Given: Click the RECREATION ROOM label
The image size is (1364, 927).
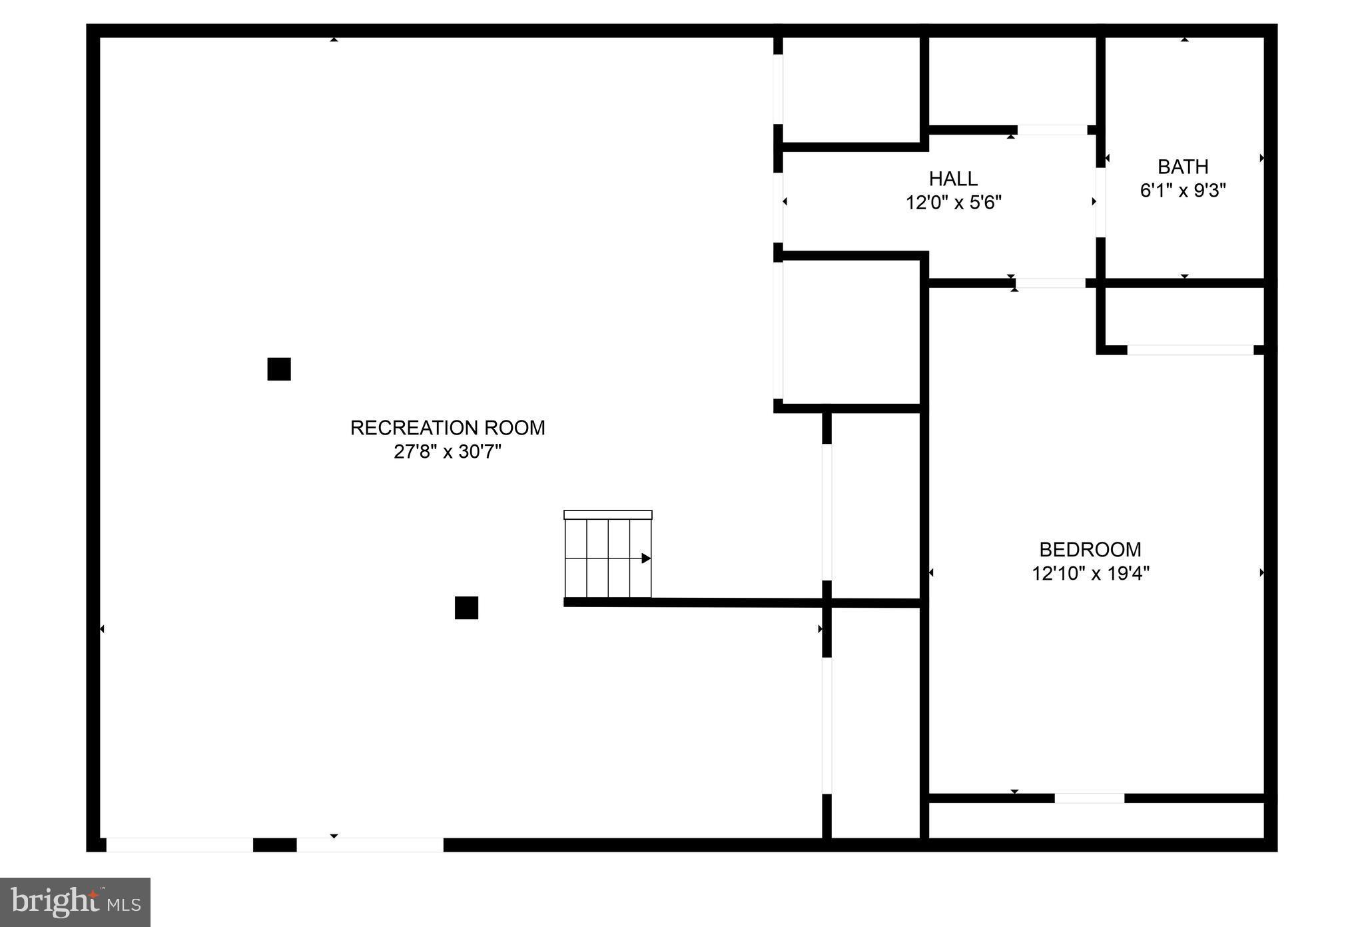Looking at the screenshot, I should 448,428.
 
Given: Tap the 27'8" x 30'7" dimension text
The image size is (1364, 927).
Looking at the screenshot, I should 448,452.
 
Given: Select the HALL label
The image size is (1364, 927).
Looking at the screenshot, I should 953,179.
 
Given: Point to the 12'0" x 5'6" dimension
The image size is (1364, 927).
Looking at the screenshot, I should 953,203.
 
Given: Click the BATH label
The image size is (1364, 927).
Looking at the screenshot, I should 1183,167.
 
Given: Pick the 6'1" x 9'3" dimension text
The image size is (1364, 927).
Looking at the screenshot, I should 1183,191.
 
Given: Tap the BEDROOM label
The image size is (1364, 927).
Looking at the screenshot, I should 1090,549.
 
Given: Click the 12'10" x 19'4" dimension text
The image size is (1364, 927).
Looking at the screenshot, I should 1090,573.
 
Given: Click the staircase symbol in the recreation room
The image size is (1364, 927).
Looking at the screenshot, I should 607,555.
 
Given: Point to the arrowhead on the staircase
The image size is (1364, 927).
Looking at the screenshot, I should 645,558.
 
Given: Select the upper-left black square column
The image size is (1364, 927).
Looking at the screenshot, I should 279,369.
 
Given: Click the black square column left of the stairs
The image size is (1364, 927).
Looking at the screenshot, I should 466,608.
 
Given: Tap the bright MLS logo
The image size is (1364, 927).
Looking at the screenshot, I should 75,902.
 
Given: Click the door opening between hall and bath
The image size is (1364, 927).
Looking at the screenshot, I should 1100,202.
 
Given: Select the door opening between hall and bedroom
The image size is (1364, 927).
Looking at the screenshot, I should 1050,283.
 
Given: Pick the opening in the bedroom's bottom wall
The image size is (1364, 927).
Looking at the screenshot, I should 1090,798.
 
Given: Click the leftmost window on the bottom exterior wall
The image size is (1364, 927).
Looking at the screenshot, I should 180,844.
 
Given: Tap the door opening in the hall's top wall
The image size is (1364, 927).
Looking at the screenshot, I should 1052,130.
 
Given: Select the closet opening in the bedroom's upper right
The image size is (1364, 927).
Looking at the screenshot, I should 1190,350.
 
